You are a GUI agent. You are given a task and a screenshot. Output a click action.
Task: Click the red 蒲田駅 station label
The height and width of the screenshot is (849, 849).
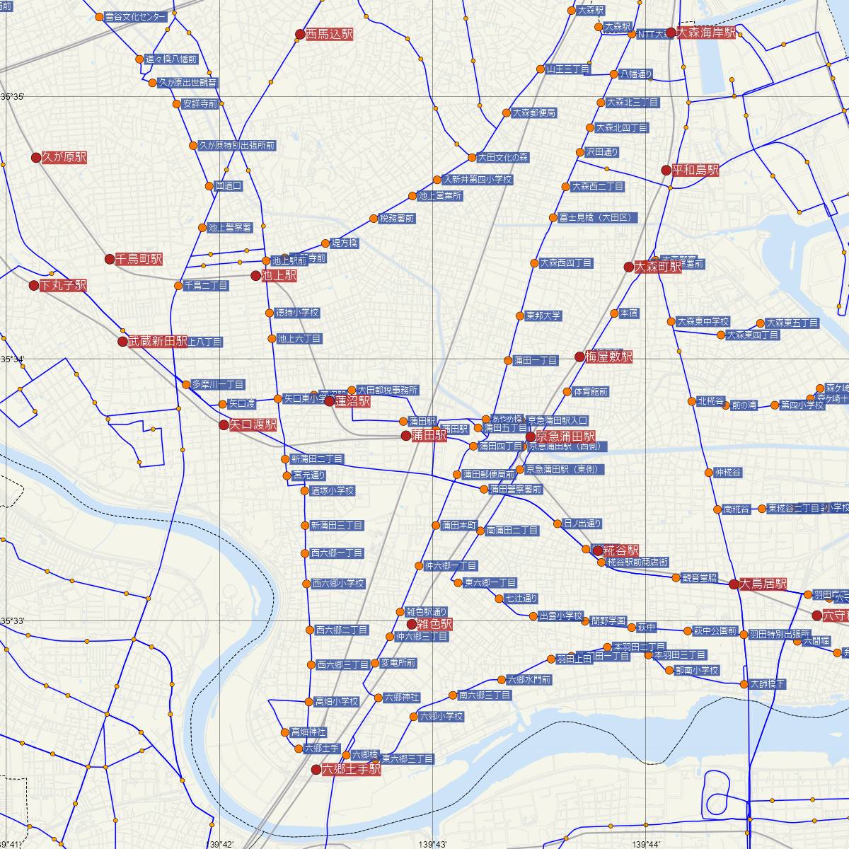429,435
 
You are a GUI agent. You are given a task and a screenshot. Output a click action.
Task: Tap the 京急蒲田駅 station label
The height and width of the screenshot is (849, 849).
565,437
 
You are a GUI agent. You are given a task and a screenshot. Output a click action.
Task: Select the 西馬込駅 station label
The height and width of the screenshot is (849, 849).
329,33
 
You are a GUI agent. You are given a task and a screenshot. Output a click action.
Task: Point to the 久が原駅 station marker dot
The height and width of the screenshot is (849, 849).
36,158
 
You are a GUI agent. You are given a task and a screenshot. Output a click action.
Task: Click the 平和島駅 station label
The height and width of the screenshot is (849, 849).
695,170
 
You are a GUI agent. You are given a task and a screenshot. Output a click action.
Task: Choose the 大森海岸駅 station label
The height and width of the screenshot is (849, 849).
706,33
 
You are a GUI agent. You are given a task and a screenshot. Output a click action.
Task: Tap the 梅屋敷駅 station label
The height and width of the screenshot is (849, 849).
608,357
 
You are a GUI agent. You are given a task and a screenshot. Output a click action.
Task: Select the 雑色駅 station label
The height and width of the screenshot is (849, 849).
434,624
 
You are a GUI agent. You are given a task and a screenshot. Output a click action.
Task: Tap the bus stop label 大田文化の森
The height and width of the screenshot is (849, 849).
503,157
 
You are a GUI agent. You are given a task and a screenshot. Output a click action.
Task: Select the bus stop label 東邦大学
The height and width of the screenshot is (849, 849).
543,316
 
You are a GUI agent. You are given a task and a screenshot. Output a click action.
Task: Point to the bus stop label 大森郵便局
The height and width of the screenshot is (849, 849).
534,112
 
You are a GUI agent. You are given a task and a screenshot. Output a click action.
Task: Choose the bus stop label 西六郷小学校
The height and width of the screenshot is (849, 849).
338,584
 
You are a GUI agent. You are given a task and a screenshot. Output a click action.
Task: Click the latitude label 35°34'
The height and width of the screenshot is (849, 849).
13,359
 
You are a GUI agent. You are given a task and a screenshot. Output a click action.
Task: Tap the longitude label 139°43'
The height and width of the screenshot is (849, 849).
432,844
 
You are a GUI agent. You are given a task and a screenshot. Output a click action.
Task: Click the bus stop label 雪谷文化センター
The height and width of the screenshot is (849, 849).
135,16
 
